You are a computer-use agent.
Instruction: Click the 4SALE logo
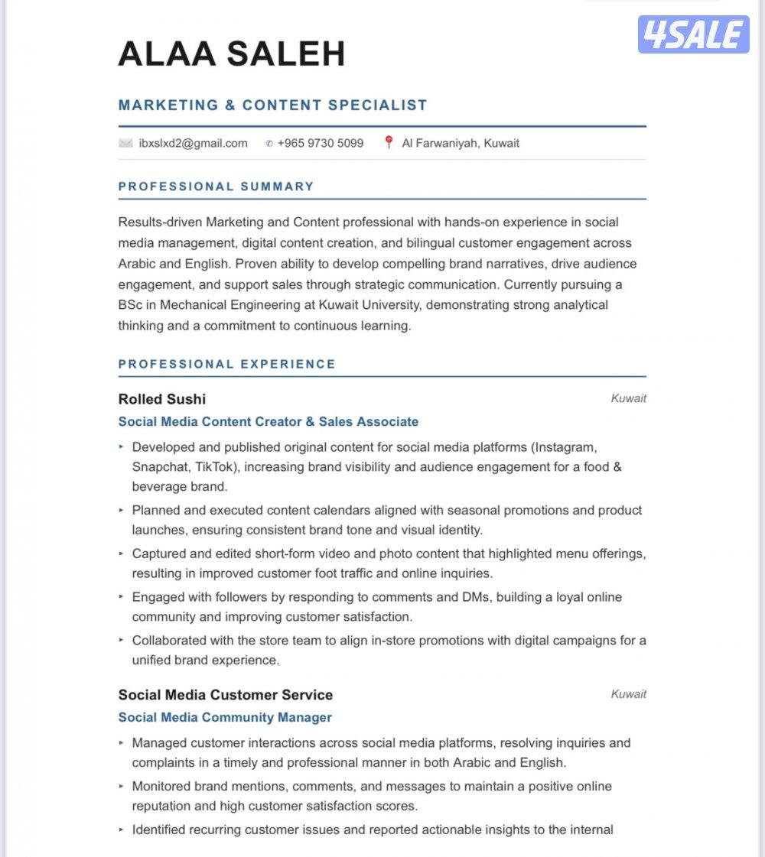[693, 34]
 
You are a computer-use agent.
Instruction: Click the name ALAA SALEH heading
[232, 54]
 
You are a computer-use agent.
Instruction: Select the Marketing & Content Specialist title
[272, 106]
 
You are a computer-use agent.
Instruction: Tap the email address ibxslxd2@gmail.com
[193, 143]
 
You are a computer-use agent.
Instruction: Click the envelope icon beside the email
[126, 143]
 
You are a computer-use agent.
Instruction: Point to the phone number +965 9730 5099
[320, 143]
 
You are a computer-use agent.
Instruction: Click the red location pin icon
[389, 142]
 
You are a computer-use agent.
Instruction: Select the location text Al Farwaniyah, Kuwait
[461, 143]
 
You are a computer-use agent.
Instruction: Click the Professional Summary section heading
[216, 187]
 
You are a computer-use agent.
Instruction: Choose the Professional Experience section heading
[226, 364]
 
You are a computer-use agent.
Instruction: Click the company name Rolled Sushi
[162, 399]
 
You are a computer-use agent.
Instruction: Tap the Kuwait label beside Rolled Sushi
[628, 398]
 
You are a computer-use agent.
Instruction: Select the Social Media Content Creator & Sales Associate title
[269, 421]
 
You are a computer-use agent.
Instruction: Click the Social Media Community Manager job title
[225, 717]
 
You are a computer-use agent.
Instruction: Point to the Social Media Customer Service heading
[226, 695]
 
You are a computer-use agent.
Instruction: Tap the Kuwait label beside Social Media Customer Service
[628, 694]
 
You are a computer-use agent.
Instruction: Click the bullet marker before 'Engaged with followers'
[121, 596]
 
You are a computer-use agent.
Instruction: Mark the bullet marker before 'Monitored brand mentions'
[121, 785]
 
